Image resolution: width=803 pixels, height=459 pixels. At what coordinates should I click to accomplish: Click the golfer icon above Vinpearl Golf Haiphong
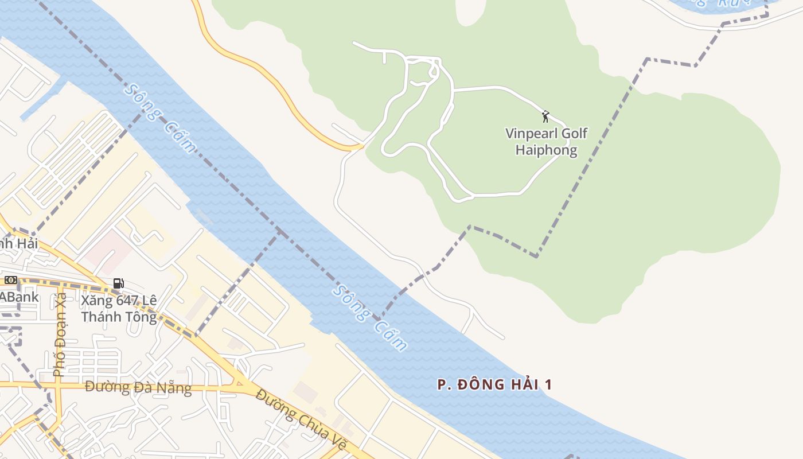click(x=545, y=116)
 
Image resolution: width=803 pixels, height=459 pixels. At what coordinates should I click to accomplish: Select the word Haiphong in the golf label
click(x=546, y=150)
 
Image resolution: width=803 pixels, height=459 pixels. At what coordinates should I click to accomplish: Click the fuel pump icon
click(x=118, y=283)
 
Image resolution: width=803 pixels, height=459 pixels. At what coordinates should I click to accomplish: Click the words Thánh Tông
click(x=119, y=317)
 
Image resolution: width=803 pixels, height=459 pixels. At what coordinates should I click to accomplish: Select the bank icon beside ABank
click(x=11, y=280)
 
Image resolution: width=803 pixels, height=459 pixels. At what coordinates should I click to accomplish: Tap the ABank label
click(x=20, y=297)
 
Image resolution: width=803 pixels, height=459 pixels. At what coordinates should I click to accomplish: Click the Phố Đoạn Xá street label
click(x=60, y=335)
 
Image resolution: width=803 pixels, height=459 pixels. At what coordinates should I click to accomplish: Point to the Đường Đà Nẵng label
click(x=138, y=388)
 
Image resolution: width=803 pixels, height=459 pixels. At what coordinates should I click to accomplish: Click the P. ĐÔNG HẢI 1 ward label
click(x=494, y=384)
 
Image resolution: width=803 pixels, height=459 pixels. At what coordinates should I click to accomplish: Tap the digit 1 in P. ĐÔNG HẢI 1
click(x=548, y=384)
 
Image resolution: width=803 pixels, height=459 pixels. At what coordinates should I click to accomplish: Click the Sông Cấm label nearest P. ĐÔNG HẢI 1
click(x=370, y=317)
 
